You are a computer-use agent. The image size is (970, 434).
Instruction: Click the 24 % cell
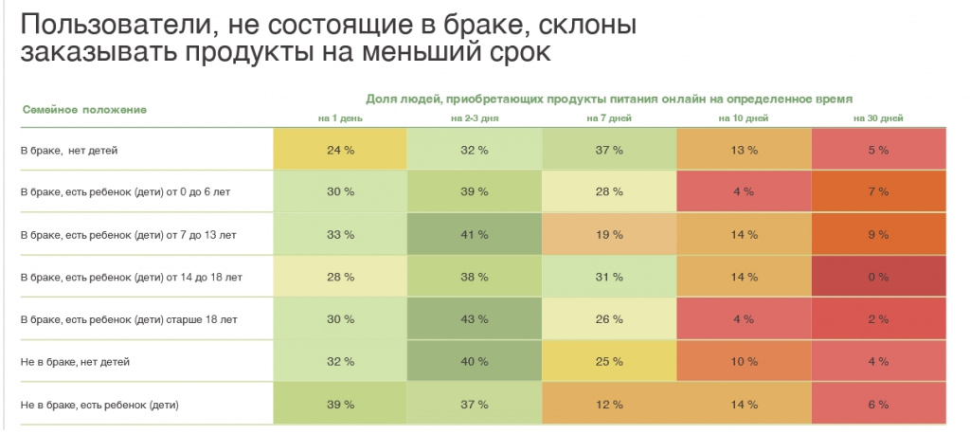click(x=340, y=150)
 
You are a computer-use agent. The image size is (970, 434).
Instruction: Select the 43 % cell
click(x=475, y=319)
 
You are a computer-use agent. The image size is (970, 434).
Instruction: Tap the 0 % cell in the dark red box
click(x=878, y=277)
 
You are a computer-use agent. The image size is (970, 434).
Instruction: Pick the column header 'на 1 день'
click(x=340, y=118)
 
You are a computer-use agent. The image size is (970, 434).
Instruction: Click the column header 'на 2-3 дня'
click(x=475, y=118)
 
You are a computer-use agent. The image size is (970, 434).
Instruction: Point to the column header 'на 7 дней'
click(x=609, y=118)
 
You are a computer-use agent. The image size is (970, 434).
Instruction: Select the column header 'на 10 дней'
click(x=744, y=118)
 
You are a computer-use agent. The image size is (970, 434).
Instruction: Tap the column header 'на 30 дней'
click(x=878, y=118)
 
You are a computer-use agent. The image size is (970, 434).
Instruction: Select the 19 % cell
click(x=609, y=235)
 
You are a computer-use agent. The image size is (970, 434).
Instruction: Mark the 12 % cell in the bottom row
click(x=609, y=405)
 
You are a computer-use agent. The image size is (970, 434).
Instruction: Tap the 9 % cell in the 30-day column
click(x=878, y=235)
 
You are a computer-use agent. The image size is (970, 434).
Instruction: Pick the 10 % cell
click(x=744, y=362)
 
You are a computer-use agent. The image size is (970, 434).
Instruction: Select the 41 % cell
click(x=475, y=235)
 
